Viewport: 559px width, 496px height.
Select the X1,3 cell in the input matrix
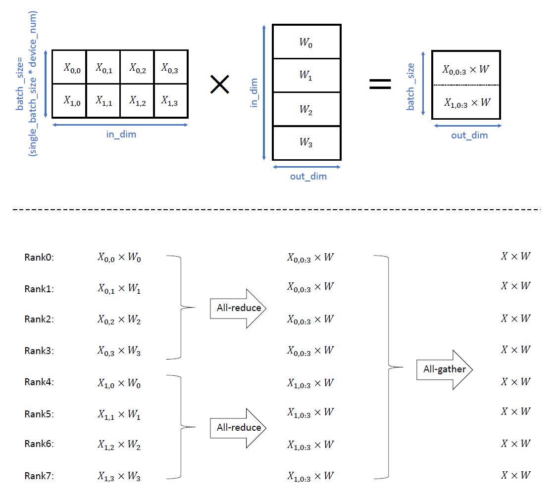coord(171,101)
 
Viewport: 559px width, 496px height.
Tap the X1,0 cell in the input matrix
coord(69,101)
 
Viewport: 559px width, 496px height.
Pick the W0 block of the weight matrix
coord(306,43)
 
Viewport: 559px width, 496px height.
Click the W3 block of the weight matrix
coord(306,143)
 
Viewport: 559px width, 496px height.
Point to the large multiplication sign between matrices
coord(219,85)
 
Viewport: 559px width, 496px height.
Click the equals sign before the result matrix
coord(380,85)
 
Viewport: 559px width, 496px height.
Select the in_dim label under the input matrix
coord(121,134)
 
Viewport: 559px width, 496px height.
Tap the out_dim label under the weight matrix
coord(308,176)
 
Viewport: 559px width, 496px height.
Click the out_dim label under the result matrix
coord(469,135)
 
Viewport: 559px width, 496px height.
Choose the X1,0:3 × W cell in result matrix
coord(466,103)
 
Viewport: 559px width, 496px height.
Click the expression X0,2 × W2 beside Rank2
coord(119,320)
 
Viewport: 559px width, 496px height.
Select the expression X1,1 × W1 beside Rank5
coord(119,414)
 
